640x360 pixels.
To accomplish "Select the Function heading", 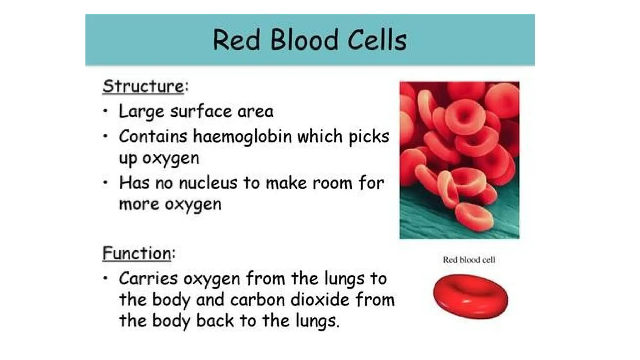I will (137, 253).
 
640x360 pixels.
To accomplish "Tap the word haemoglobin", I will (242, 137).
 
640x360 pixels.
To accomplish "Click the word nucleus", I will (208, 182).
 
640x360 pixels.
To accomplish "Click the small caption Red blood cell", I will (469, 260).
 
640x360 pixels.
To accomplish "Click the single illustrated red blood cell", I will (470, 296).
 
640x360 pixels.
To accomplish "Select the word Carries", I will (148, 279).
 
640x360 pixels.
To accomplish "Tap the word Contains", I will (153, 137).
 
